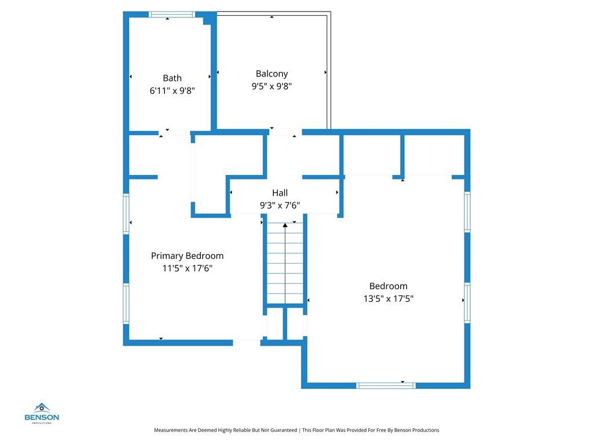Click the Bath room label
pos(172,78)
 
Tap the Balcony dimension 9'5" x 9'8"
pos(272,86)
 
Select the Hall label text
pos(280,193)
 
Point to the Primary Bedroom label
pos(187,256)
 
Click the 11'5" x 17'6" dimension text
pos(187,268)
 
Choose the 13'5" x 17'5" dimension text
pos(388,298)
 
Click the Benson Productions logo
pos(42,413)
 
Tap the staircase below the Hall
pos(285,264)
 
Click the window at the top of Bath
pos(172,14)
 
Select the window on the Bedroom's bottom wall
pos(386,385)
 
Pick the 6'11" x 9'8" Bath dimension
pos(172,90)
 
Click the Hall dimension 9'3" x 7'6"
pos(280,205)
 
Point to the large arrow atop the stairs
pos(285,225)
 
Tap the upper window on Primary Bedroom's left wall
pos(126,213)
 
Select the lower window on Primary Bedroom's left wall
pos(126,303)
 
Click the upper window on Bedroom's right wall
pos(467,213)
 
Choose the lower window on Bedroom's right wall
pos(467,302)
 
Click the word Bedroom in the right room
pos(388,286)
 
